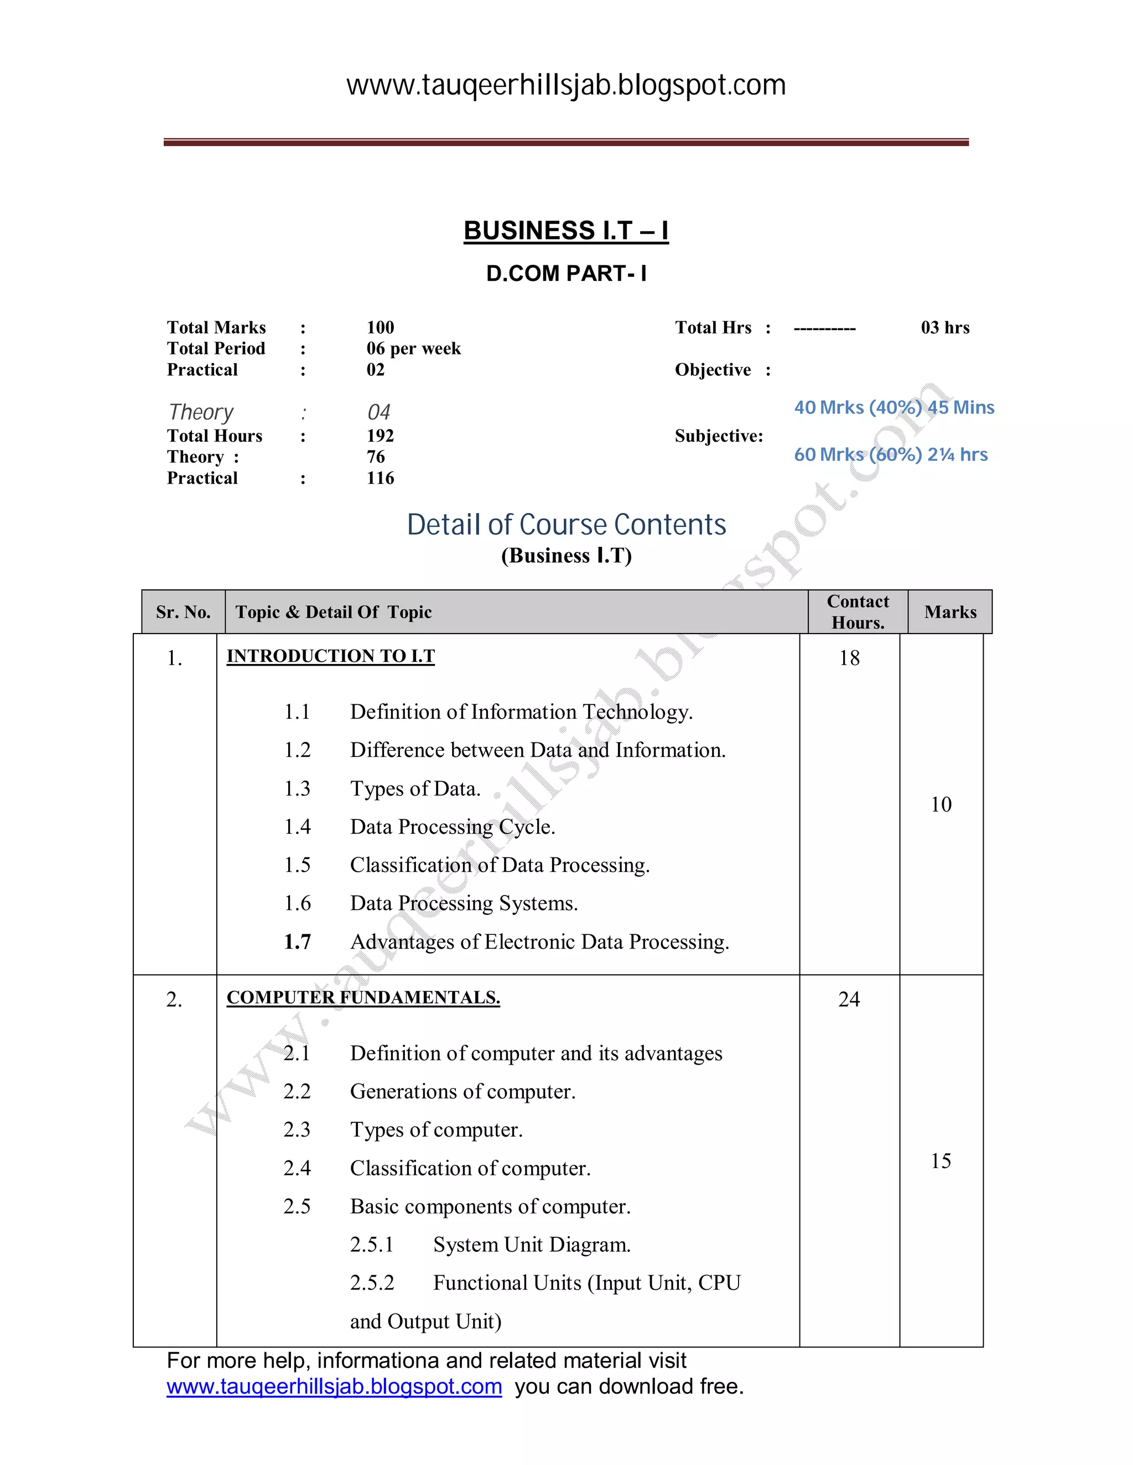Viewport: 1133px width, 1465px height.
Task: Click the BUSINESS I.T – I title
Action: click(x=566, y=231)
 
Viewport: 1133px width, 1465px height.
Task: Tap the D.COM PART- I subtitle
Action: click(x=566, y=274)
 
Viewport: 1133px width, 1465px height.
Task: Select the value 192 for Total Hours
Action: click(x=380, y=436)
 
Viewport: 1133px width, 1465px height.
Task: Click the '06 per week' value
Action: click(x=413, y=349)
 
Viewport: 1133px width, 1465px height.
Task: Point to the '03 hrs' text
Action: click(x=945, y=328)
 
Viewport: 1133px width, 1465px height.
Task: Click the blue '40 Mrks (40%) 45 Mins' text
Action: click(x=894, y=408)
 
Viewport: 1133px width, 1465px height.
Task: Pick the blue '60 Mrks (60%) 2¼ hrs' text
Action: click(x=891, y=455)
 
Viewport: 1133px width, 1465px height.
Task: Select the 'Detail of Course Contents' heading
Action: click(x=566, y=525)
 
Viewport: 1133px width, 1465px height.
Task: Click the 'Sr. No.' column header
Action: click(x=183, y=613)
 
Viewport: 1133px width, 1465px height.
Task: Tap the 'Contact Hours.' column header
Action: click(x=858, y=612)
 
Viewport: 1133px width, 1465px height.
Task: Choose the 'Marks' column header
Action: click(x=950, y=613)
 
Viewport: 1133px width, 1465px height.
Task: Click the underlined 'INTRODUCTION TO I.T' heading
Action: click(x=331, y=656)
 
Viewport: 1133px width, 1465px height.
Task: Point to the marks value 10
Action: click(x=941, y=804)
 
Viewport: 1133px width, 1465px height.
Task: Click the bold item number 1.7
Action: click(x=297, y=942)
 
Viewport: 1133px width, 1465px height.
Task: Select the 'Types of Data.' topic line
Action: click(x=415, y=789)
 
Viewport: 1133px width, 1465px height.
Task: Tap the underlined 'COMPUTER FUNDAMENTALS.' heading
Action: click(x=363, y=997)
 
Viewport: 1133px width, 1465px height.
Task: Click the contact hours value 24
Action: click(x=849, y=1000)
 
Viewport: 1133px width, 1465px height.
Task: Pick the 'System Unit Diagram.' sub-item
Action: click(x=532, y=1245)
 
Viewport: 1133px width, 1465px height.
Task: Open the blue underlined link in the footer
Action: click(x=334, y=1386)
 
